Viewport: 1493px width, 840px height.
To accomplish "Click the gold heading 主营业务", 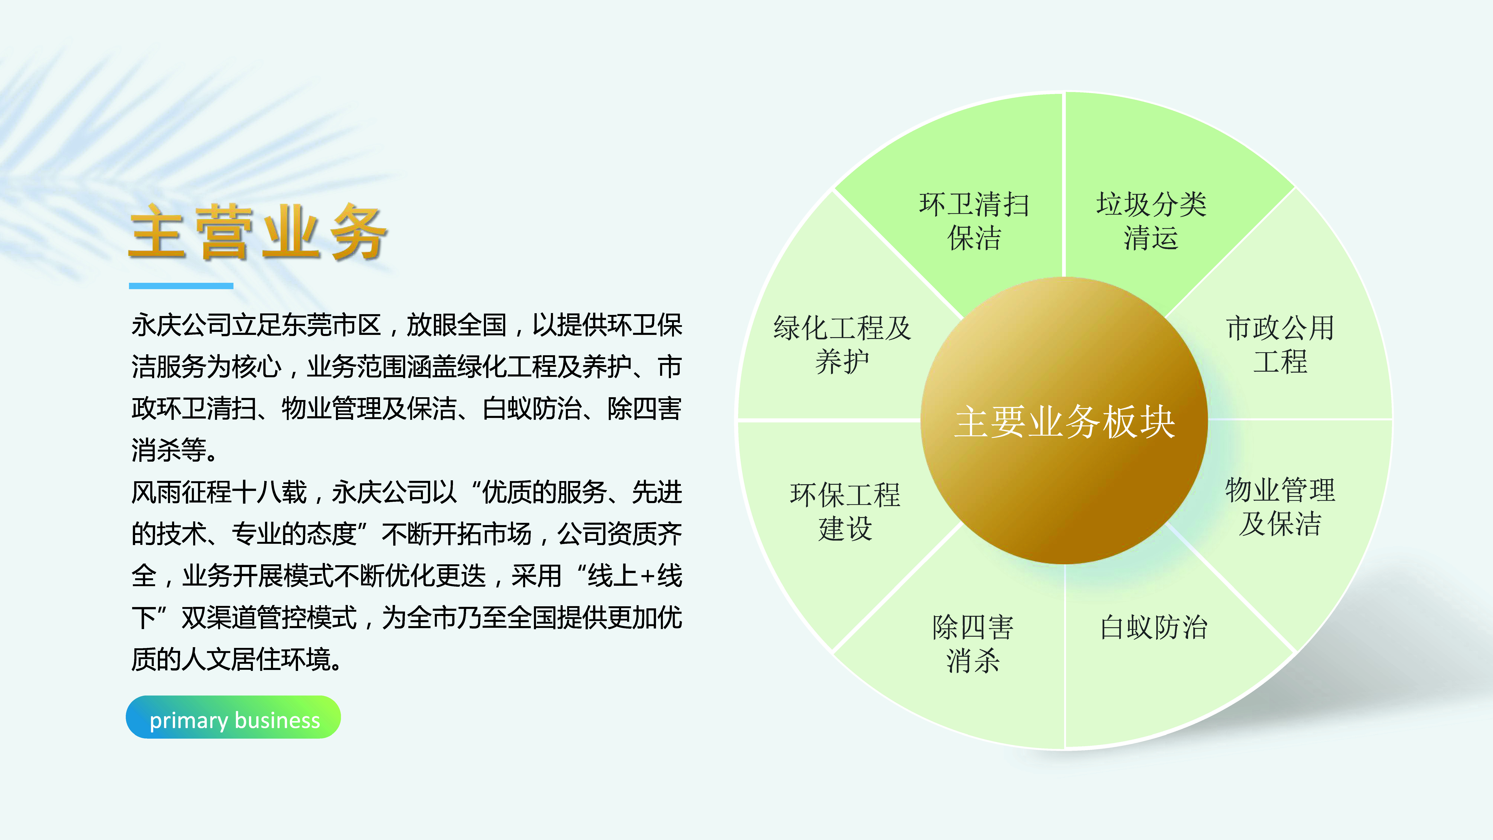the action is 258,232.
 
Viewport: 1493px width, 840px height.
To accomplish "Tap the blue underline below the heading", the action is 181,286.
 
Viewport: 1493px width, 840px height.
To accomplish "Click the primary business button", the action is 233,717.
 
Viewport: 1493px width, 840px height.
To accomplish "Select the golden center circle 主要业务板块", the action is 1064,421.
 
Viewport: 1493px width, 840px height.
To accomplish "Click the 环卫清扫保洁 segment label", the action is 974,221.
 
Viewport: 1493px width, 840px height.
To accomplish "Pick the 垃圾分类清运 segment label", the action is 1151,221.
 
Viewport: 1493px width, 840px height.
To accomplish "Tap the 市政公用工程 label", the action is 1280,344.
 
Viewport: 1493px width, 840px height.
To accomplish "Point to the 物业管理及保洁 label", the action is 1280,507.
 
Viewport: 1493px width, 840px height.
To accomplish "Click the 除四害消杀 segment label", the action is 973,643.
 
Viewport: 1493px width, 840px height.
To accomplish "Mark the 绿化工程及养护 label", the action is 842,344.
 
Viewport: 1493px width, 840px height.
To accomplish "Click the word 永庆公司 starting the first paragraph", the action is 181,325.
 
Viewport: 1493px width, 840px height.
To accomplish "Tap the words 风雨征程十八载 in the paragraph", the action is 219,492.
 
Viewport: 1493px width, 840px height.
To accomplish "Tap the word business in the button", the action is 278,720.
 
